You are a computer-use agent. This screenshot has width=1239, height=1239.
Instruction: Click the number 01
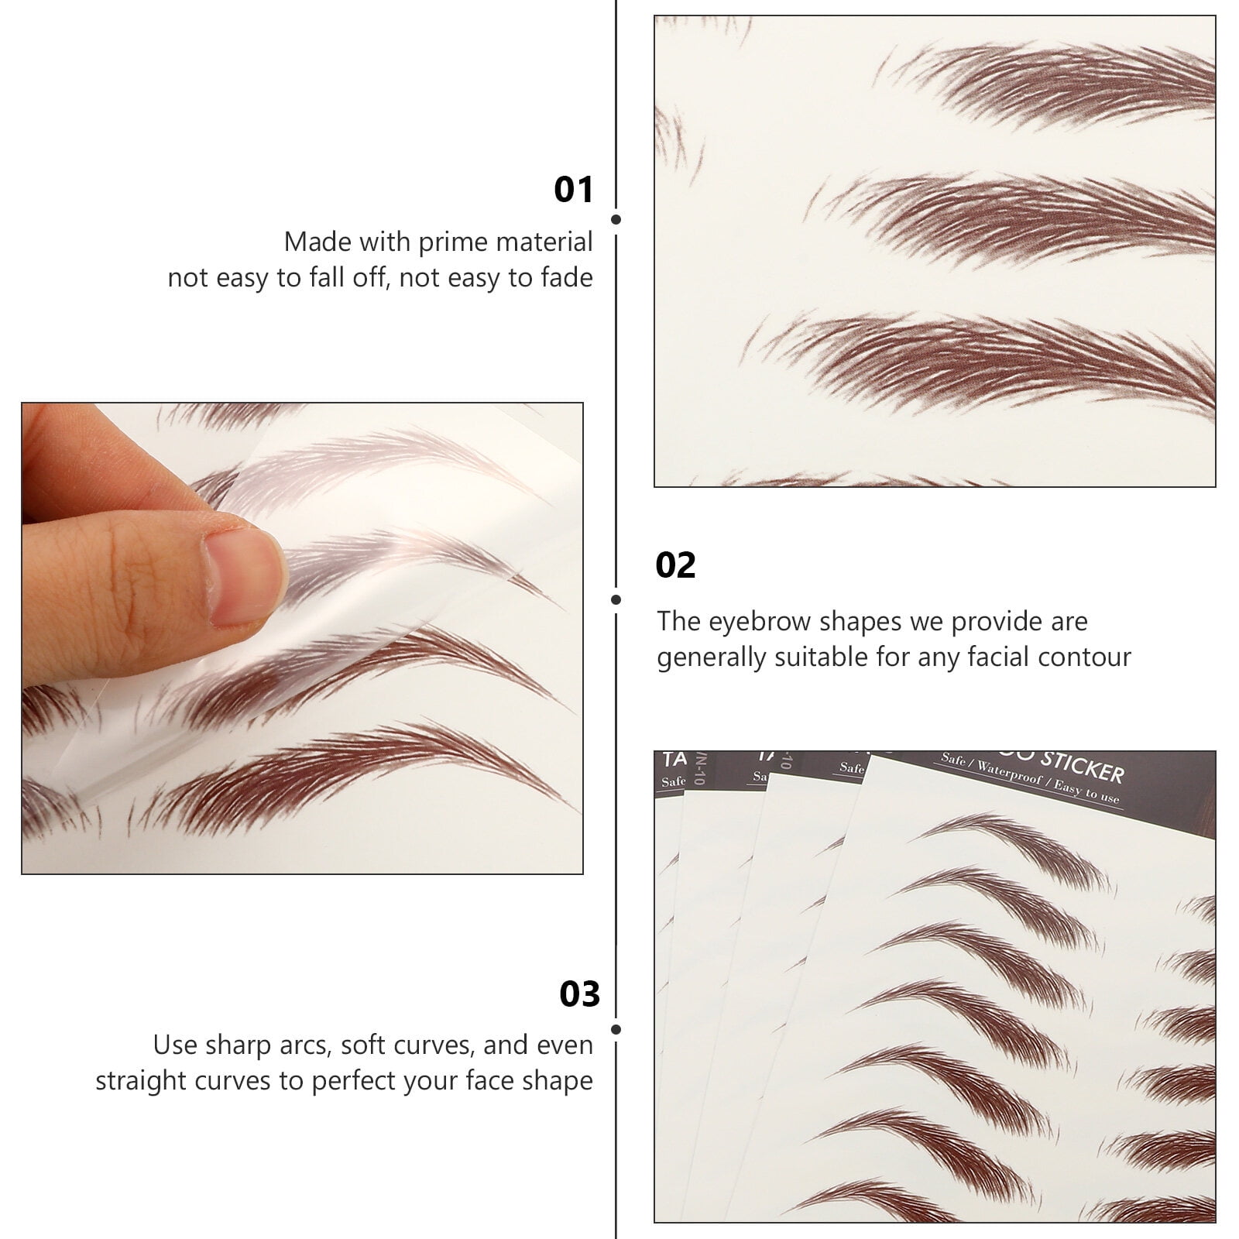coord(573,190)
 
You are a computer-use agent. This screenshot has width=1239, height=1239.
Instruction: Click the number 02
coord(675,565)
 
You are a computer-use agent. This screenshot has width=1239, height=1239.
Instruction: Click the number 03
coord(579,994)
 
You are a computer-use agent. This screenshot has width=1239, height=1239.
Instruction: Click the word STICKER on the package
coord(1082,766)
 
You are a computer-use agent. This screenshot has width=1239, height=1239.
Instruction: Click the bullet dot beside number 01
coord(616,220)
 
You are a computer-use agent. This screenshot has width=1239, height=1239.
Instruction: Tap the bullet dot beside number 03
coord(616,1029)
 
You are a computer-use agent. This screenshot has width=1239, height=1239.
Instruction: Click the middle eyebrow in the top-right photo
coord(1030,213)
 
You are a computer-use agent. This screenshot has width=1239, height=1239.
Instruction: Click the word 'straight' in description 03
coord(142,1081)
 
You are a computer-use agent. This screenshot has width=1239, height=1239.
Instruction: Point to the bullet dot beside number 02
coord(616,599)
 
